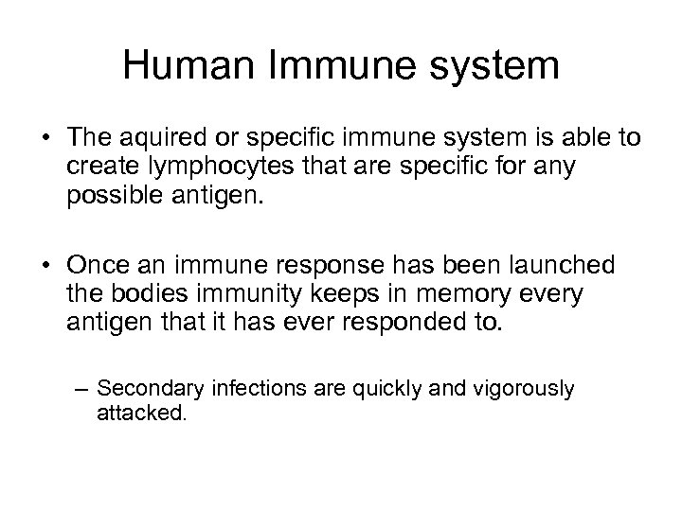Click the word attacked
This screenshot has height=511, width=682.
pyautogui.click(x=141, y=413)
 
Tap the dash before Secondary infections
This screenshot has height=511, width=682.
pyautogui.click(x=83, y=388)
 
